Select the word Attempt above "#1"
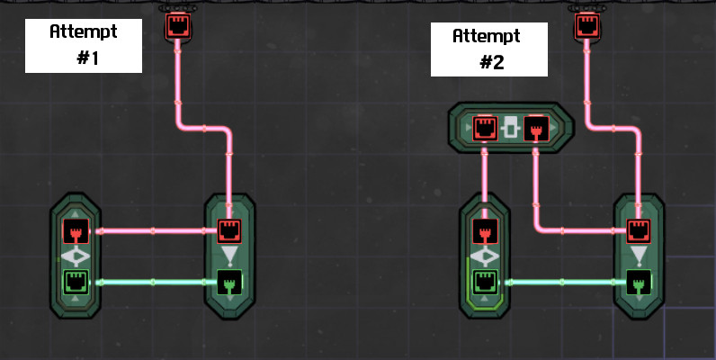point(85,31)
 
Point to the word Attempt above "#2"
point(487,37)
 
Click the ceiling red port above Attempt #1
point(177,24)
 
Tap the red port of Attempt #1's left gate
point(76,231)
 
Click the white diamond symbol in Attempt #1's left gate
point(76,256)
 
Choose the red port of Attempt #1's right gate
point(231,231)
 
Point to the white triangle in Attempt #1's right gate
point(231,257)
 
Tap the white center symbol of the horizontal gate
point(511,128)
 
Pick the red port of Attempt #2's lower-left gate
point(486,231)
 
